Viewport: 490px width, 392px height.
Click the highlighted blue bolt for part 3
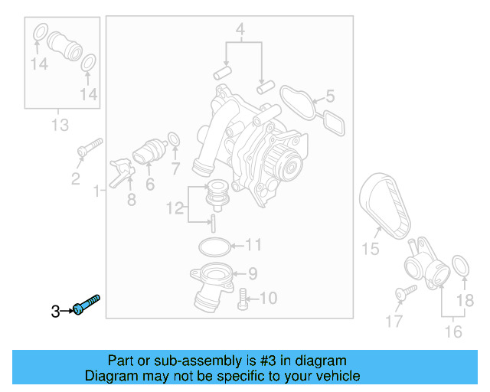[87, 304]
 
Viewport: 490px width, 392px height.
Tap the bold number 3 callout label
[55, 311]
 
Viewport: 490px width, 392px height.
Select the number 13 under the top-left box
[60, 124]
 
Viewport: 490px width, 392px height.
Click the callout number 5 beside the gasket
[330, 96]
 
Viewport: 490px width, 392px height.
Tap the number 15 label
[371, 248]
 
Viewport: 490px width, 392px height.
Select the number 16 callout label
[453, 332]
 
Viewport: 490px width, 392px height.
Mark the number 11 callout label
[253, 245]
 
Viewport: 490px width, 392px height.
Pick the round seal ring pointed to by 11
[213, 247]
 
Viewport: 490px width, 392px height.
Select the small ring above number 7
[174, 139]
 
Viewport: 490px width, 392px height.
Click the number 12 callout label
[176, 207]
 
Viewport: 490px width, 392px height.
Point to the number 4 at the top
[240, 31]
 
